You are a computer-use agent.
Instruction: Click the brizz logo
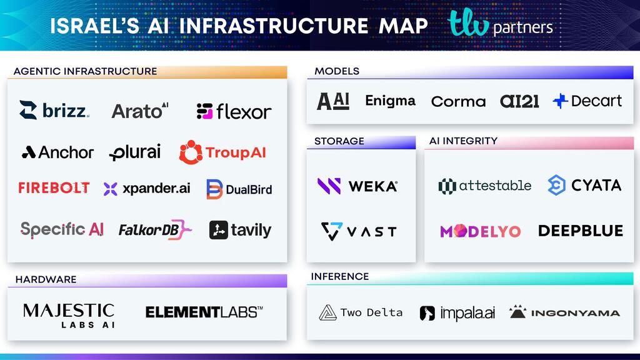point(54,111)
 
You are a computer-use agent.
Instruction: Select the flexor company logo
point(234,111)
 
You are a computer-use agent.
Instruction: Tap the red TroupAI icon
point(191,152)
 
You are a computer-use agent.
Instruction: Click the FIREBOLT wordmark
point(54,188)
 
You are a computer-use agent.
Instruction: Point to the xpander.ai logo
point(147,189)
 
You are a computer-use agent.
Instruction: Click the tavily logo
point(240,230)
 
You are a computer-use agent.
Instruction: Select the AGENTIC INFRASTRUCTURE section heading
point(85,71)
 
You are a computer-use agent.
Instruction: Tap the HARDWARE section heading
point(46,279)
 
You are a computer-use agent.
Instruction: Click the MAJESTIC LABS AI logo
point(69,316)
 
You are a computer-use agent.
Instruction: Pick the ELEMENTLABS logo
point(204,311)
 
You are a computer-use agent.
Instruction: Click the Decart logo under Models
point(587,101)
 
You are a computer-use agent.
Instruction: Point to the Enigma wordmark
point(390,101)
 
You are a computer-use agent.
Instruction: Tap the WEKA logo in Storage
point(357,186)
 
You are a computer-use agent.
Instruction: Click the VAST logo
point(359,231)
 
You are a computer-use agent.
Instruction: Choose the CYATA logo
point(584,186)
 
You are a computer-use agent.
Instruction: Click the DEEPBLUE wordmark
point(580,231)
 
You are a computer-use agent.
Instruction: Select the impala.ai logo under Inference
point(457,313)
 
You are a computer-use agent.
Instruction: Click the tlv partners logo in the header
point(501,25)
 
